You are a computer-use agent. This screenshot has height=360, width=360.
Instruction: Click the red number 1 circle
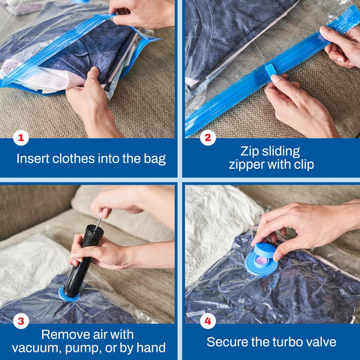click(x=22, y=137)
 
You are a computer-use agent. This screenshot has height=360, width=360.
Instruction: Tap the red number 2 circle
click(x=208, y=137)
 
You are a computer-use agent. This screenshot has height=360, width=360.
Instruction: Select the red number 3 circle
click(x=22, y=321)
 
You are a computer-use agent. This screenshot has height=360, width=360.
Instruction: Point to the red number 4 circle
click(x=208, y=321)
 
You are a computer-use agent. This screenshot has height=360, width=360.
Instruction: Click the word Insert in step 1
click(x=33, y=159)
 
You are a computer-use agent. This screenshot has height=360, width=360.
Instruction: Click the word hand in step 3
click(x=149, y=349)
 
